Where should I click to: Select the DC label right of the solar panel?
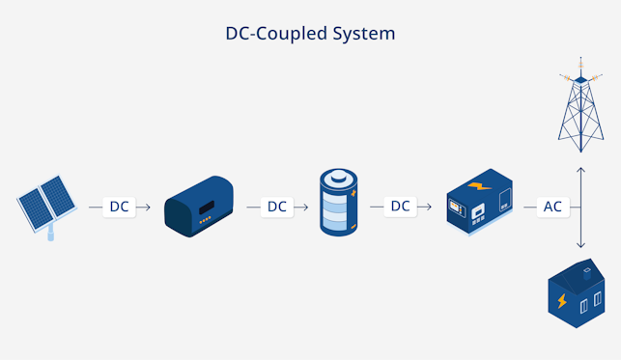(119, 207)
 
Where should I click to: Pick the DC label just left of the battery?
(277, 207)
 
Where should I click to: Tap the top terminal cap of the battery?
(338, 177)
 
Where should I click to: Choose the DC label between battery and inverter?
(400, 207)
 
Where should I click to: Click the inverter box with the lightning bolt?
(479, 202)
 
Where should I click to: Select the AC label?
(552, 207)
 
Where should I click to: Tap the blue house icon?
(576, 294)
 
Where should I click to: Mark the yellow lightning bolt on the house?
(561, 301)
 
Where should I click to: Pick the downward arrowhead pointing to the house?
(580, 246)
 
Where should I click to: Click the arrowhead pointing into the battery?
(304, 207)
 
